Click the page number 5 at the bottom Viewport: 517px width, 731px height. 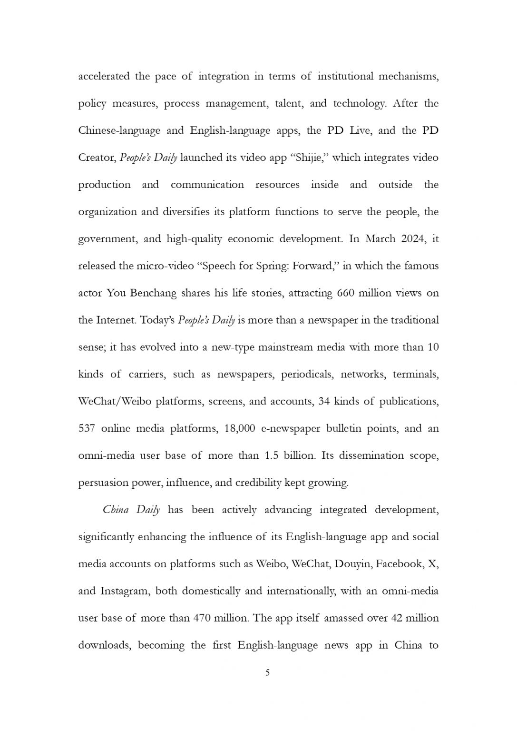(x=267, y=672)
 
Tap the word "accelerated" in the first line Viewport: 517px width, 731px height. (x=104, y=77)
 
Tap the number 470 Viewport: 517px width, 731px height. (x=205, y=618)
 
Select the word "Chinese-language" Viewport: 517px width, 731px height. (x=119, y=131)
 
